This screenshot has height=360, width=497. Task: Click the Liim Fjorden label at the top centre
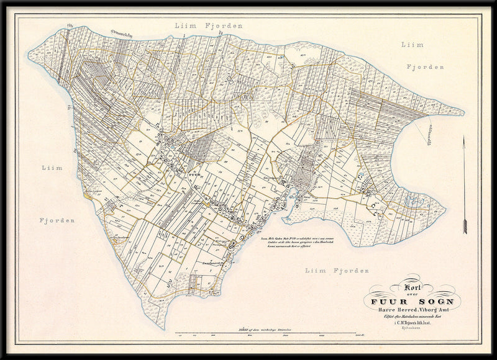point(209,26)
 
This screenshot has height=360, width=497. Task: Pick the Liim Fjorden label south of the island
point(337,271)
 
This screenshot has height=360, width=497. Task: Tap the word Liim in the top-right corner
point(412,45)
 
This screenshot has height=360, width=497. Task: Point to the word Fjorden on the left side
point(57,220)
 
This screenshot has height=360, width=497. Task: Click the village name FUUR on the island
point(193,175)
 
